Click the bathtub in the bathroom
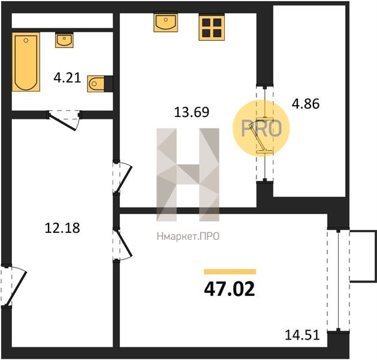coord(26,62)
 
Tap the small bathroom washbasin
coord(64,40)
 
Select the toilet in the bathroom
coord(96,84)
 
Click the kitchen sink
coord(166,22)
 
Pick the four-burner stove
coord(212,28)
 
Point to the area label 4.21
coord(67,78)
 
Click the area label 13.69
coord(192,112)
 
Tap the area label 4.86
coord(306,104)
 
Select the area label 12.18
coord(62,228)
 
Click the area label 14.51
coord(302,335)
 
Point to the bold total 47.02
coord(229,289)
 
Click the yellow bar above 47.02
coord(230,272)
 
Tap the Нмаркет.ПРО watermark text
coord(188,236)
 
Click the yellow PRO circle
coord(261,128)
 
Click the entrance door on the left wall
coord(13,286)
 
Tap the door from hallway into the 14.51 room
coord(122,244)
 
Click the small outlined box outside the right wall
coord(363,256)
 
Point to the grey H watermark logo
coord(188,175)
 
